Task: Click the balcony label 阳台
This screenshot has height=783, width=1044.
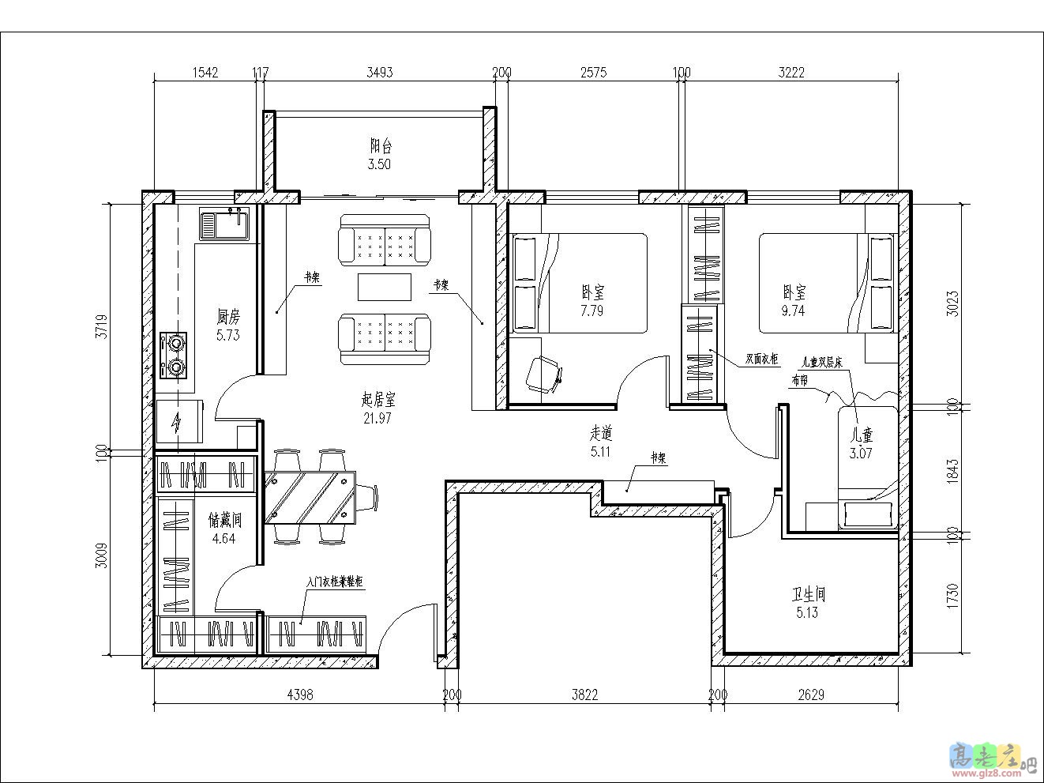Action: [381, 146]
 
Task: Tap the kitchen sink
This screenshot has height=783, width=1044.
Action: [224, 224]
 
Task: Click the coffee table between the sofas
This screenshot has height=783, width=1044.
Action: [385, 287]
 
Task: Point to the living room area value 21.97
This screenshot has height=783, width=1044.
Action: [377, 419]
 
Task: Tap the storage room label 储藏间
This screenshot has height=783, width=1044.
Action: [223, 520]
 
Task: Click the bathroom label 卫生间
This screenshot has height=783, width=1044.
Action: [808, 595]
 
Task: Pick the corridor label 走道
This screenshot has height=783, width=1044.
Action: [601, 433]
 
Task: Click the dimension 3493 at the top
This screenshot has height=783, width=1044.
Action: [380, 73]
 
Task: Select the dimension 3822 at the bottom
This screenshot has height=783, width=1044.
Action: [584, 695]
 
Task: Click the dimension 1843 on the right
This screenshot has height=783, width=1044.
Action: [953, 470]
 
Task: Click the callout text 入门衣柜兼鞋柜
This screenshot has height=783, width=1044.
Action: [334, 582]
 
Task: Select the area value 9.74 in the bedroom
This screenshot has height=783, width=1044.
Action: [793, 311]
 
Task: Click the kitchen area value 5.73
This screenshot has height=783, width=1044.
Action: [228, 335]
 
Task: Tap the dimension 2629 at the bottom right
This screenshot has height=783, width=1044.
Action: [811, 695]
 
